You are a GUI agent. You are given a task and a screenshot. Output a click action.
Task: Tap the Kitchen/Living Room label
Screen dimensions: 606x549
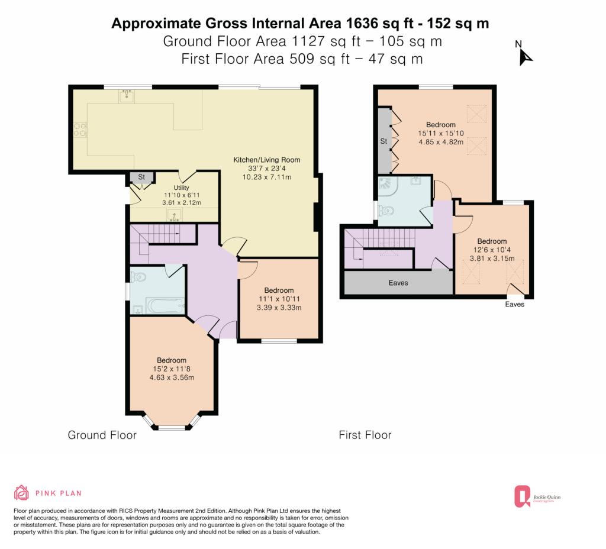pos(267,160)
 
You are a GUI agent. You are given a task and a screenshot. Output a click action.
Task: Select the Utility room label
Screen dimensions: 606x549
pos(181,188)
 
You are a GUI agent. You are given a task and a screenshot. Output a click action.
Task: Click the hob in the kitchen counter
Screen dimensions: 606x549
pos(80,130)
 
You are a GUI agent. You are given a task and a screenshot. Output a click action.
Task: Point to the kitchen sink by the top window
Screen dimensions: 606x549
pos(127,96)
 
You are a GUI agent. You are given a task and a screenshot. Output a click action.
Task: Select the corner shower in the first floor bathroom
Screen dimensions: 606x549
pos(386,185)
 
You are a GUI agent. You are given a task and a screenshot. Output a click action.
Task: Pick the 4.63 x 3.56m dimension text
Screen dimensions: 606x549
pos(172,377)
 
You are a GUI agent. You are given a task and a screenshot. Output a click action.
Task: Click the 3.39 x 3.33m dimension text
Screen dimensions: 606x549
pos(279,308)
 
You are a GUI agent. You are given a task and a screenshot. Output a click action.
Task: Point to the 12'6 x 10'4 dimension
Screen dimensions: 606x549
pos(492,250)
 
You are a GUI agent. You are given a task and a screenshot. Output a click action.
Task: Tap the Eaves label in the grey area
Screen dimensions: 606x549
pos(398,283)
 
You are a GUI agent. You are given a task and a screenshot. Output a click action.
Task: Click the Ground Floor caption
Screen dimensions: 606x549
pos(102,435)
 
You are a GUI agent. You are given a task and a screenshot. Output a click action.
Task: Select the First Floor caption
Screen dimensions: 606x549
pos(365,435)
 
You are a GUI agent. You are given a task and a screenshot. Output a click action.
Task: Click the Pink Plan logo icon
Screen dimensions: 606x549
pos(21,493)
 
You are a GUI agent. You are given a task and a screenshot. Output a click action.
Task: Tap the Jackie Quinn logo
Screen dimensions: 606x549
pos(537,496)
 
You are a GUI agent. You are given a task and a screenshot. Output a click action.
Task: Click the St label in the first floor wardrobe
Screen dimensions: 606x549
pos(383,141)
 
